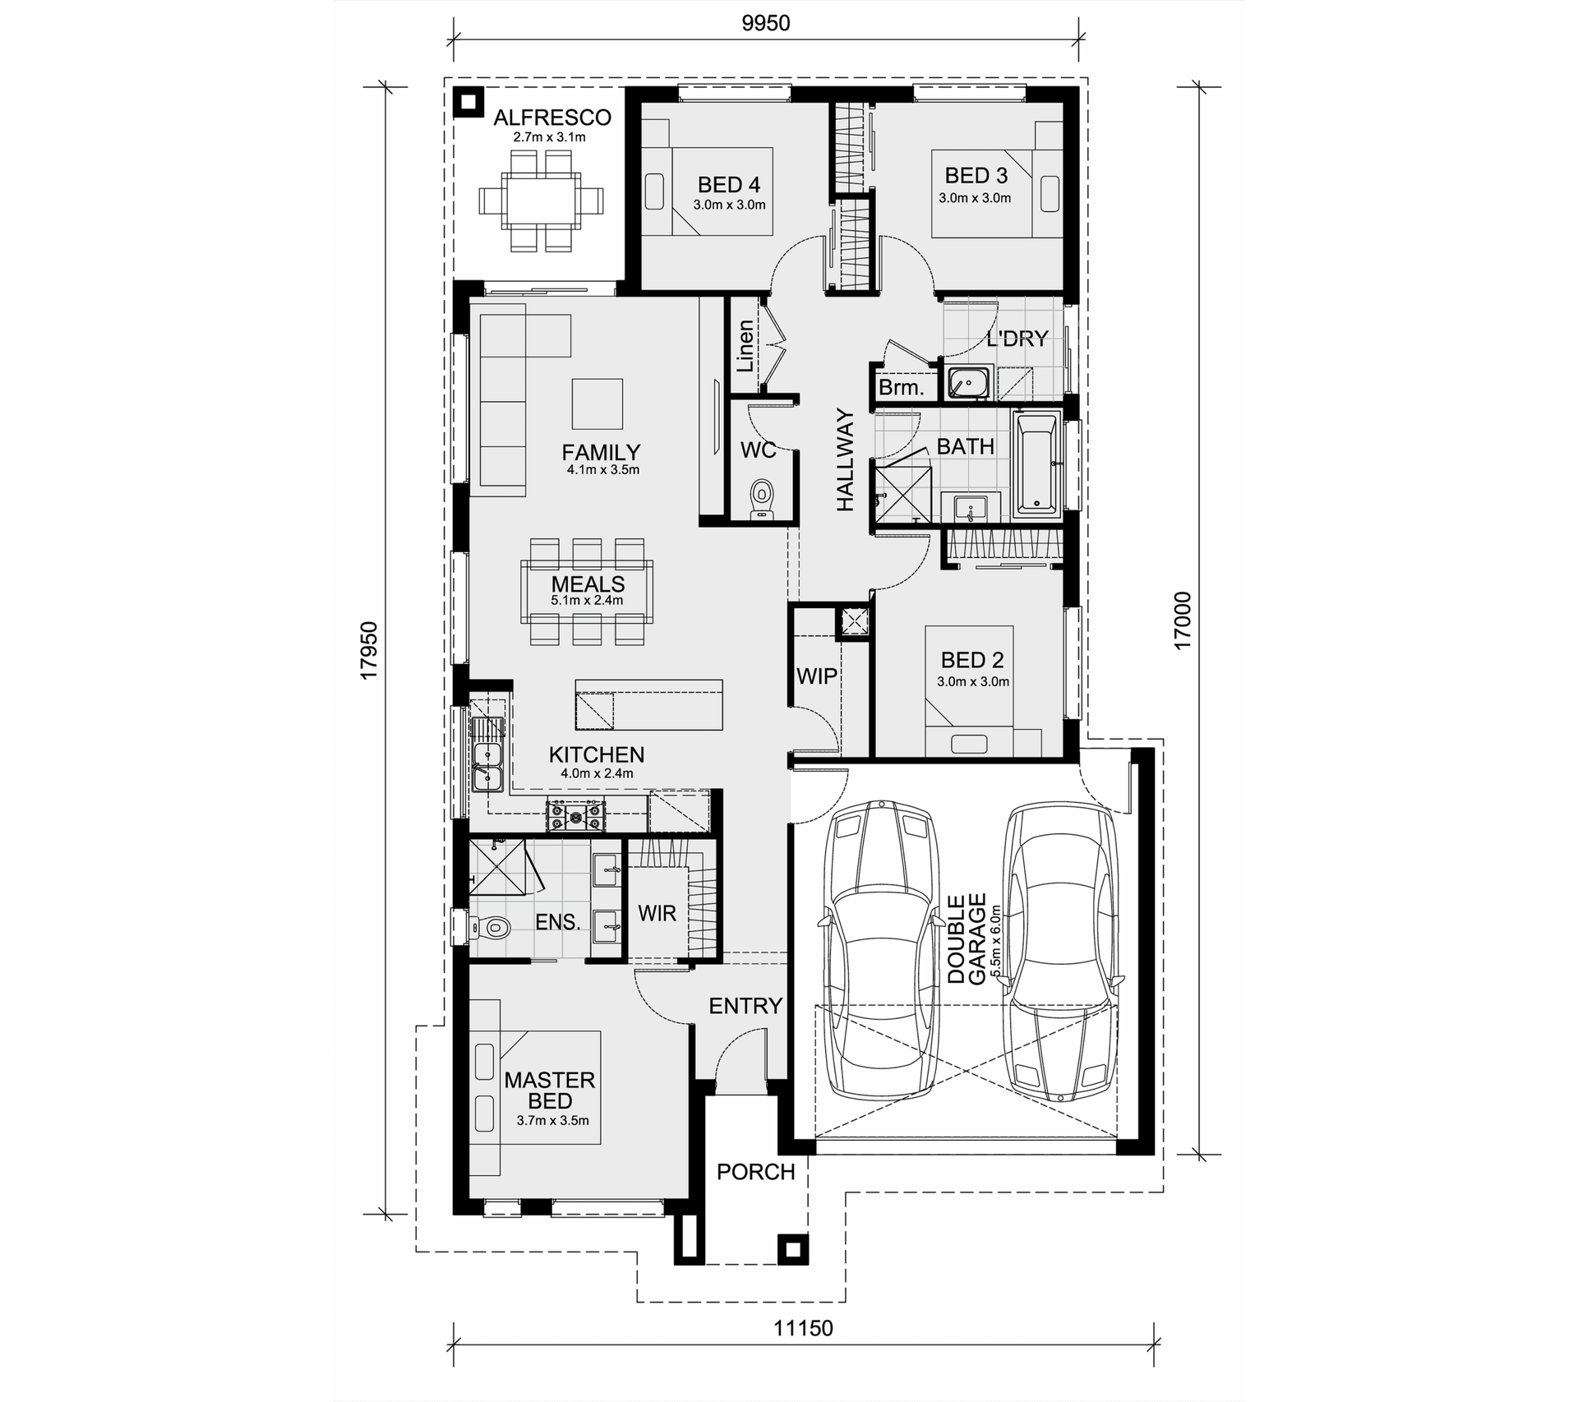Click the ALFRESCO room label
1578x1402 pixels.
[552, 118]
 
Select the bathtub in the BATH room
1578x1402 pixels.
[1037, 465]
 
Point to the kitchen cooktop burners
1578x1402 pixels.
[576, 815]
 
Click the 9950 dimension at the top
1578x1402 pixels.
[765, 23]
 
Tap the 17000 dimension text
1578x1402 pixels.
[1182, 620]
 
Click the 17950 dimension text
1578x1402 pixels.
[369, 650]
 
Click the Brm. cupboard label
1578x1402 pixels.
[902, 388]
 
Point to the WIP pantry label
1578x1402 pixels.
[817, 676]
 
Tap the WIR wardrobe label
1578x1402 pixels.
[657, 913]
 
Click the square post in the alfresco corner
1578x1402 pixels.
[468, 102]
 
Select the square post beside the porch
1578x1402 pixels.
[792, 1250]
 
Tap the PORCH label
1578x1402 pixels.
[756, 1172]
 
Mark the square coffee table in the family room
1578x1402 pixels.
[598, 404]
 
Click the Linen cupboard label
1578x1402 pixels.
[745, 346]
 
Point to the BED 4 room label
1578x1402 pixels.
[729, 185]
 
